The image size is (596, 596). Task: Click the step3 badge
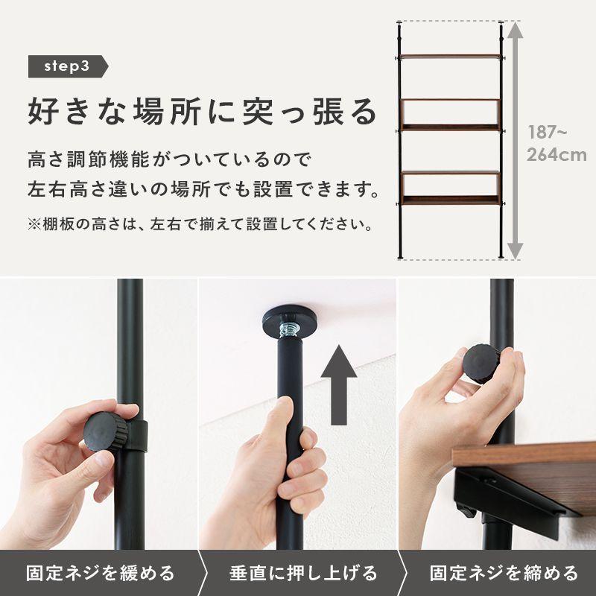tap(67, 66)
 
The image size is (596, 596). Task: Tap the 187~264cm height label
tap(557, 144)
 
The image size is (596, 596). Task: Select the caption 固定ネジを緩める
tap(101, 573)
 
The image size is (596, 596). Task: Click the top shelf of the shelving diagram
tap(450, 57)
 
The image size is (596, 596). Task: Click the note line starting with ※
tap(199, 223)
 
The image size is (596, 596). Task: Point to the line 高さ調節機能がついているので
tap(167, 159)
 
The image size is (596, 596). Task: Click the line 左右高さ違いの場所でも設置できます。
tap(199, 189)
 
